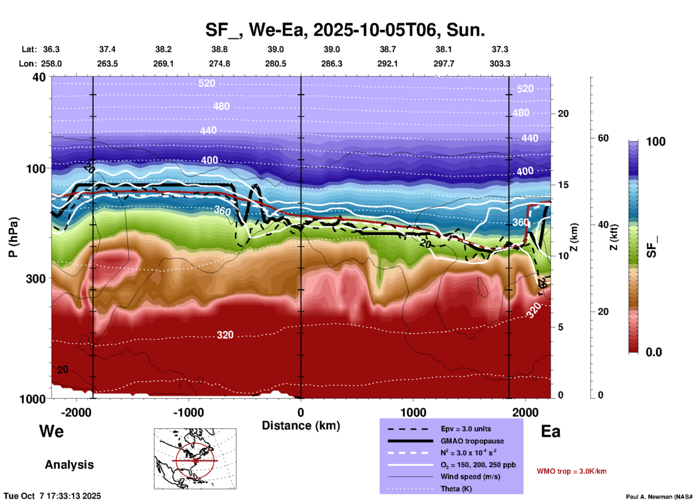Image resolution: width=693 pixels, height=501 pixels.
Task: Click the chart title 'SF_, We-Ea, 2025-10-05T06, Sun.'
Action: pos(345,30)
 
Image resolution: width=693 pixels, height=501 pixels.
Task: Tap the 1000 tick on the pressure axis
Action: pos(35,399)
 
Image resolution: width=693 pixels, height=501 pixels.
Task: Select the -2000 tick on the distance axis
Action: pos(76,412)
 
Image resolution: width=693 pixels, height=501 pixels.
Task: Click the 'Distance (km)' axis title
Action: pos(301,426)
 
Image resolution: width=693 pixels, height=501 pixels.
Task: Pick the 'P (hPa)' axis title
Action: pos(13,237)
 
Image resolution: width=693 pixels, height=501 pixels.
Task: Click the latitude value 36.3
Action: pos(51,49)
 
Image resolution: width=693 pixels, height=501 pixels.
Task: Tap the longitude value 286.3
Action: pos(331,64)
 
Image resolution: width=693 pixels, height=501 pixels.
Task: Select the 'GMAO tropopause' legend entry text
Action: pos(472,441)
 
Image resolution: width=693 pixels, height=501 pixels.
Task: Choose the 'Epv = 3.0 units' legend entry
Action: pos(466,429)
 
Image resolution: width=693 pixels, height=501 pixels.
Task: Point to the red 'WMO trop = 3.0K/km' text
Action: pos(571,471)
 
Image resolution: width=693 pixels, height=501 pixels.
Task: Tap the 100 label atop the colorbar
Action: pos(656,142)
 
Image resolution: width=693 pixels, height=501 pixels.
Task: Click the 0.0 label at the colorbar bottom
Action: pos(654,352)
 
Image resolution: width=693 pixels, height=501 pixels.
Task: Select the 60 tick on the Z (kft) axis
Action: pos(603,138)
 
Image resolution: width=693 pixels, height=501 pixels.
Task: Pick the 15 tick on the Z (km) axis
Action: pos(563,185)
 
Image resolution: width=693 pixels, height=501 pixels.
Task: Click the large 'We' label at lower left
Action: pos(51,431)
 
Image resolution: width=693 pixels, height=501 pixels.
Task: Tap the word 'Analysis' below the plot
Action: pos(69,465)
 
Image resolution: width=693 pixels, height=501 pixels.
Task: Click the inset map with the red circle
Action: pos(195,459)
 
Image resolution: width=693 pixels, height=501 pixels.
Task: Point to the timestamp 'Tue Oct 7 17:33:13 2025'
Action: pos(53,496)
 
